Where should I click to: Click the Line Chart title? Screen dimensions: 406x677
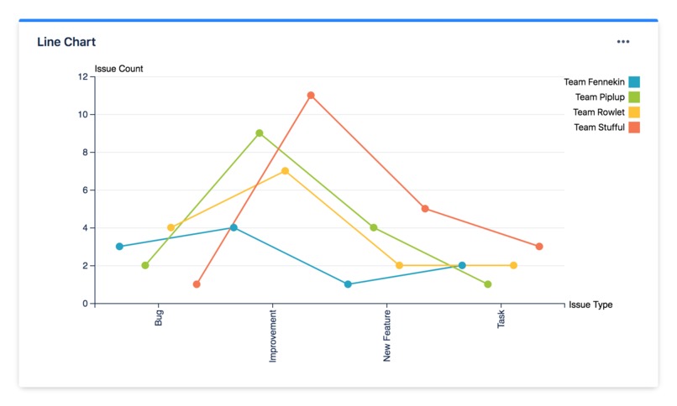(x=66, y=42)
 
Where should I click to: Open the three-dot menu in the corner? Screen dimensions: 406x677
(x=622, y=42)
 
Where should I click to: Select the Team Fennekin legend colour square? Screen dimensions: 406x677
(x=634, y=82)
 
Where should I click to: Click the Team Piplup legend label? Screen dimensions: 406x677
(x=600, y=97)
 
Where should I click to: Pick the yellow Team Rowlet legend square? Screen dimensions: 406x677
(x=634, y=112)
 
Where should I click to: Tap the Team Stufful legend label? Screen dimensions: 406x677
(x=599, y=128)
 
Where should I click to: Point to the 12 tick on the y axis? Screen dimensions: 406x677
(x=82, y=76)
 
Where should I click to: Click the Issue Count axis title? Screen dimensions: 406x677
(x=118, y=69)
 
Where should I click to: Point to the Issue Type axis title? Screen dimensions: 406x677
(x=590, y=304)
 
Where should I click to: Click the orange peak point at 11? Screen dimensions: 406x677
(x=311, y=96)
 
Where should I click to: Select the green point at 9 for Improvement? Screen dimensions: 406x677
(x=260, y=133)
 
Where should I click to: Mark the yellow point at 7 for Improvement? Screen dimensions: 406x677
(x=285, y=171)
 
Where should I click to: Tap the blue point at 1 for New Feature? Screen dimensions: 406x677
(x=348, y=284)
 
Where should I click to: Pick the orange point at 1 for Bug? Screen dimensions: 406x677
(x=197, y=284)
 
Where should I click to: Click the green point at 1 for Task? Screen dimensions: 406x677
(x=488, y=284)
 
